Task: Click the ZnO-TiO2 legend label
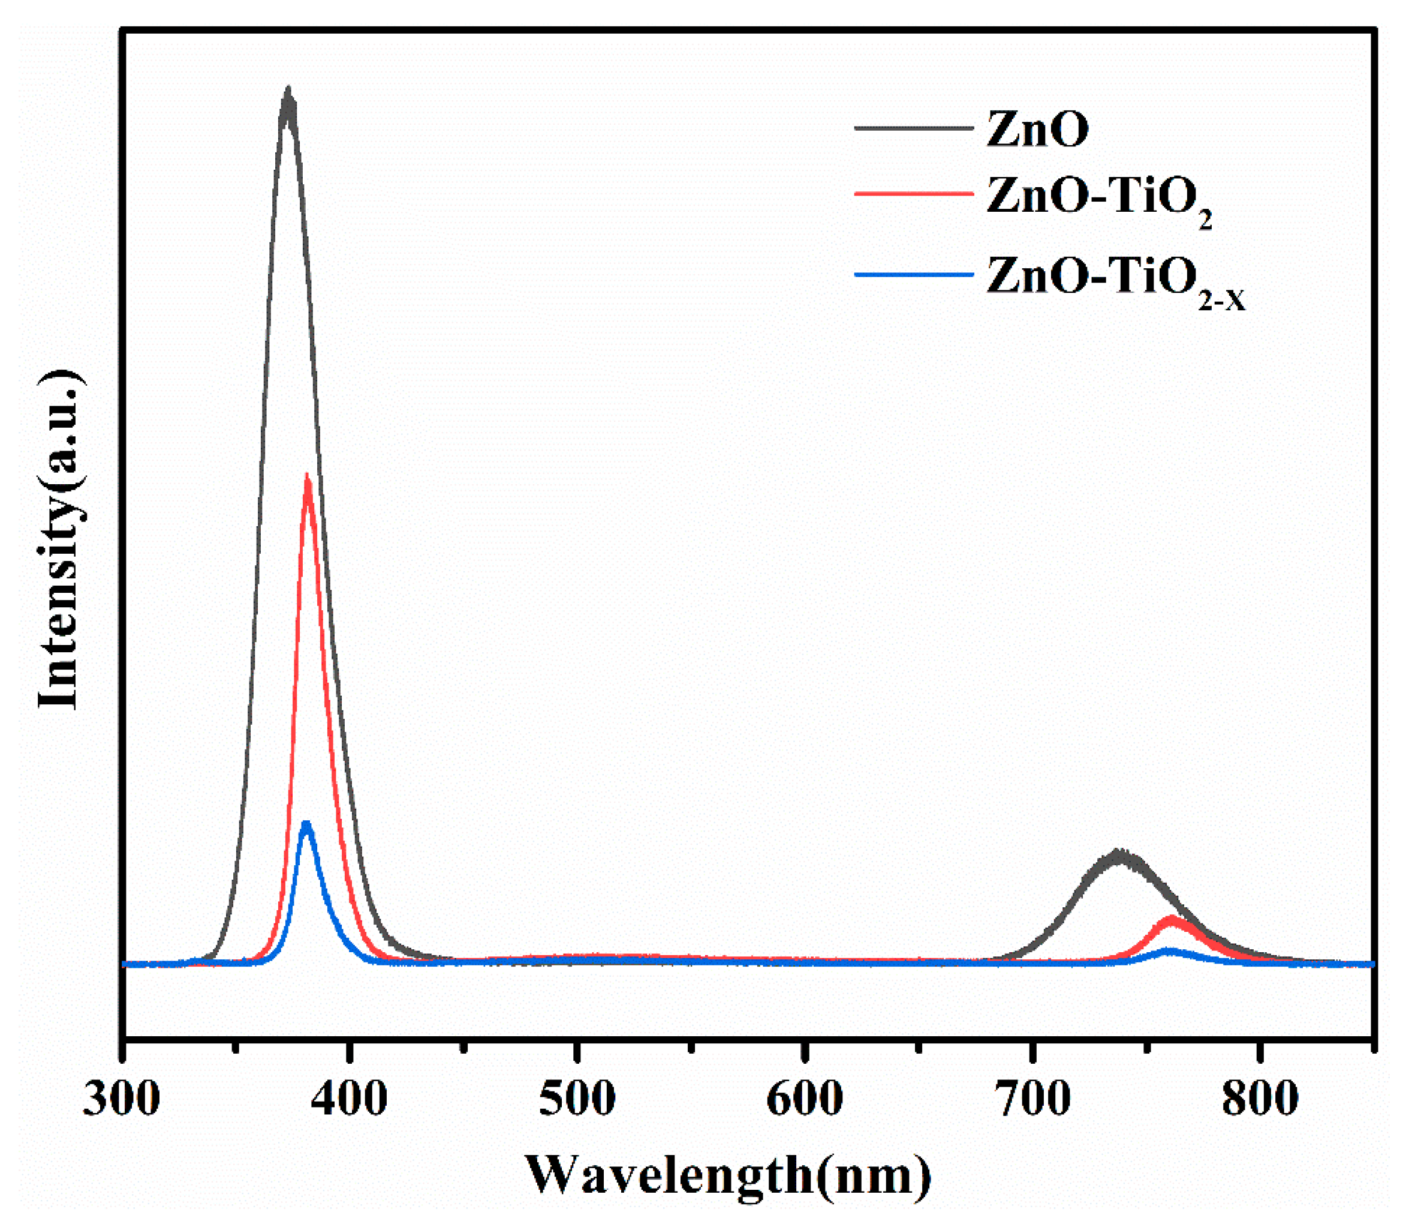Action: (1098, 199)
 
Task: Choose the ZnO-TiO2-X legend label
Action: (1115, 280)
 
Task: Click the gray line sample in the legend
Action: (914, 128)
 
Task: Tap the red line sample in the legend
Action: (914, 194)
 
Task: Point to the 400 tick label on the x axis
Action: (349, 1099)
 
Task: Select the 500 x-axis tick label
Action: (577, 1099)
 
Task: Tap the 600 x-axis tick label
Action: (805, 1099)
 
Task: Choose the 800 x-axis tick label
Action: (1260, 1099)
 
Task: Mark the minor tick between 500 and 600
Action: (691, 1048)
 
